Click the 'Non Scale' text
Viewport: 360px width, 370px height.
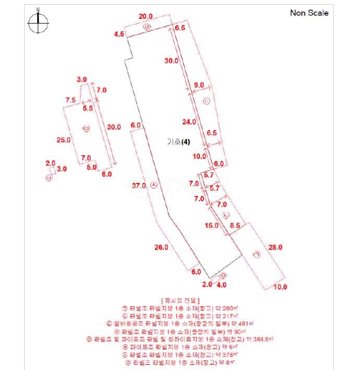[x=309, y=13]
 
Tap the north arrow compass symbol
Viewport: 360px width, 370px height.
[x=39, y=23]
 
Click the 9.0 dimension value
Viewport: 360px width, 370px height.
[x=199, y=85]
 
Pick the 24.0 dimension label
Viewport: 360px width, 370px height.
[x=189, y=122]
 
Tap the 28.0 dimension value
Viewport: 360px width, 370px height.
[x=276, y=247]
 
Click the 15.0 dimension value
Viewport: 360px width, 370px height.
[x=211, y=226]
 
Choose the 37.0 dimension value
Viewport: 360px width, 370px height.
[x=139, y=186]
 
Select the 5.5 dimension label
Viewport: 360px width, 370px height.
[x=88, y=108]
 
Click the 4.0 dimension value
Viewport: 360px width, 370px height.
[x=222, y=285]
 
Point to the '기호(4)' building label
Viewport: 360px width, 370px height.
[x=179, y=142]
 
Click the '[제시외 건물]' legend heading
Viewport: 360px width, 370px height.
[x=181, y=301]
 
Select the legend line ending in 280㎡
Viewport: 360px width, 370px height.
[x=181, y=309]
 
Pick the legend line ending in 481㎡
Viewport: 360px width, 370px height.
[x=181, y=323]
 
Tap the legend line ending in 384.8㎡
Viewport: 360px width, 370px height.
[x=181, y=339]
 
